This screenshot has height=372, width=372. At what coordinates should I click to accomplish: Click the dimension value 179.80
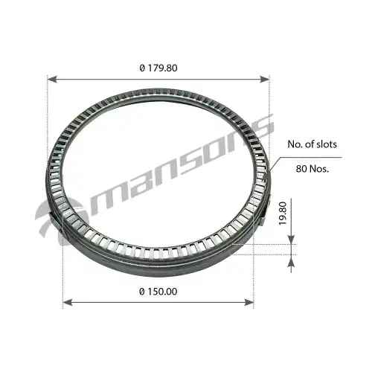(162, 68)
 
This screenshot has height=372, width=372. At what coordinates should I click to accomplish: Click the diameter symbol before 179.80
(141, 68)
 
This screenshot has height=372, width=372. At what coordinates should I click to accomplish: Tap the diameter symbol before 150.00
(141, 292)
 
